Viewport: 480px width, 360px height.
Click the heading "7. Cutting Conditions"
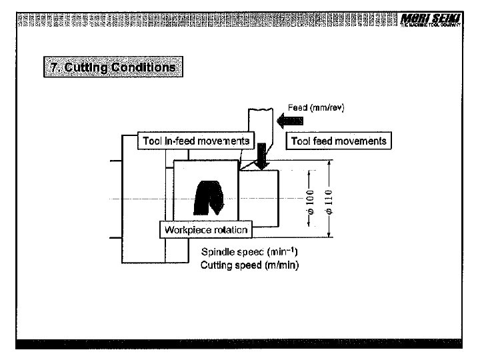(113, 67)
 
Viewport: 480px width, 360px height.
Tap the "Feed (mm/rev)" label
(316, 107)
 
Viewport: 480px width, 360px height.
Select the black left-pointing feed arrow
(297, 121)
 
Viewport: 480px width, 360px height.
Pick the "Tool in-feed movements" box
(196, 141)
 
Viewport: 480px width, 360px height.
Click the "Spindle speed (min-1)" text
(249, 252)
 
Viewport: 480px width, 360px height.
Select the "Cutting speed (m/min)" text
(249, 265)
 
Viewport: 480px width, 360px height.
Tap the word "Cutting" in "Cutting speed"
(217, 265)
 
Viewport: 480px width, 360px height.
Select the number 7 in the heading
(53, 67)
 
